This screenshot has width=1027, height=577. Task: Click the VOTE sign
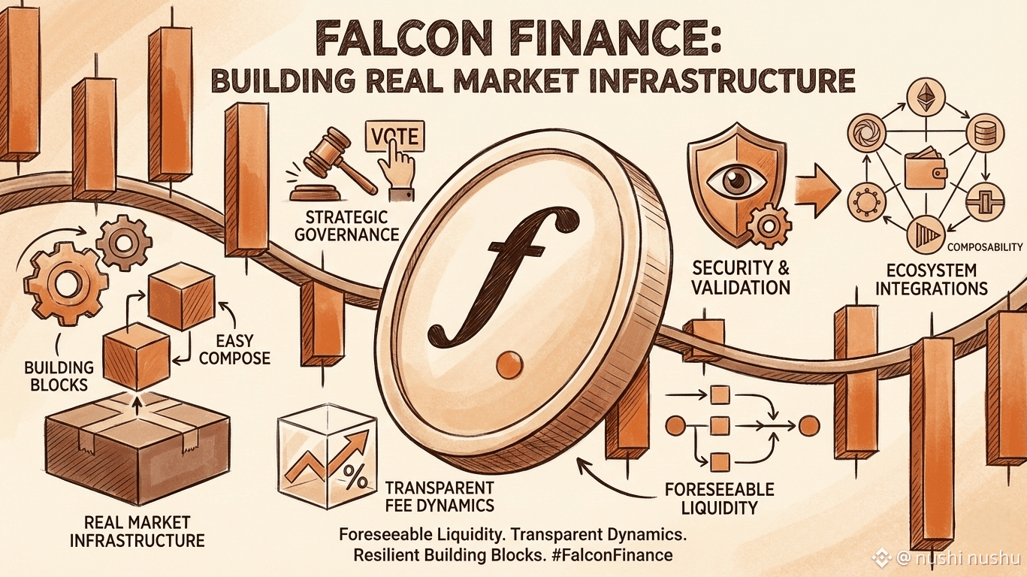[x=393, y=138]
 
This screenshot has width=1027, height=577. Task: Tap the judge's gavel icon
[x=322, y=162]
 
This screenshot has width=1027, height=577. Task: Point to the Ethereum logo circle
[x=925, y=97]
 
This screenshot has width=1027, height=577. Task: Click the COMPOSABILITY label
[x=985, y=246]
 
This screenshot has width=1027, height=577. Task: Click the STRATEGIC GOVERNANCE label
[x=346, y=225]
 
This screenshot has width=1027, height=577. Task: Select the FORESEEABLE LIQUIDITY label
[x=719, y=499]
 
